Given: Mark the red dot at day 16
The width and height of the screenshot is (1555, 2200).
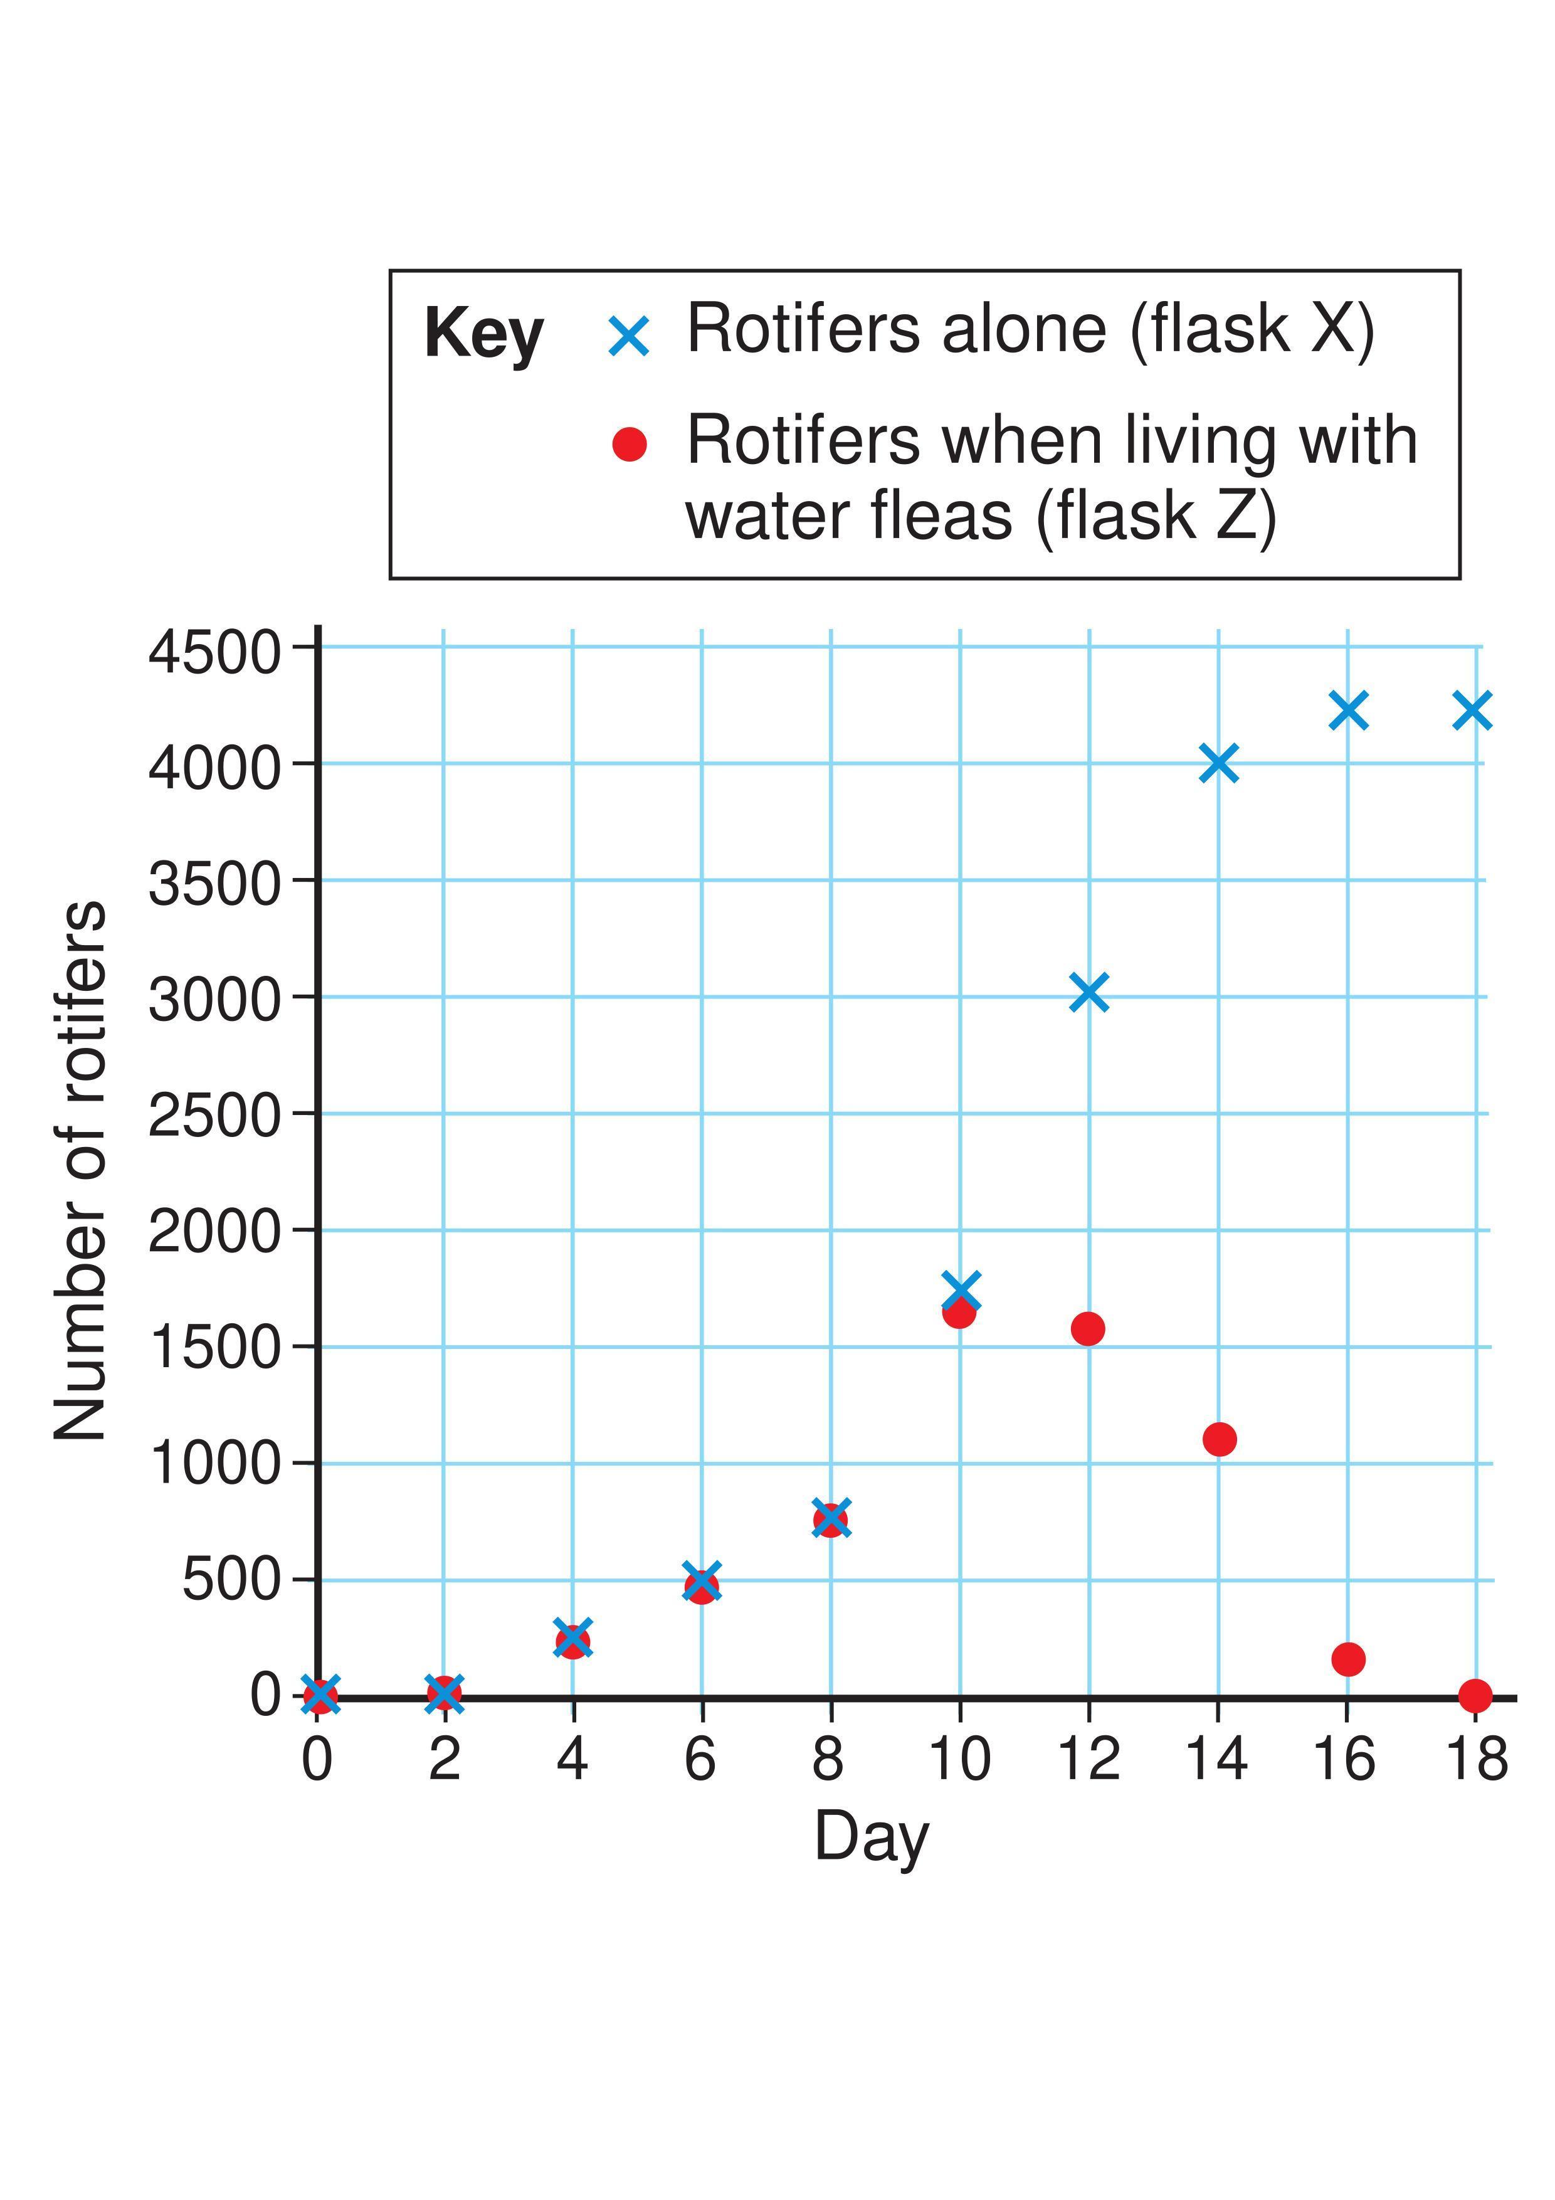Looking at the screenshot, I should (1348, 1659).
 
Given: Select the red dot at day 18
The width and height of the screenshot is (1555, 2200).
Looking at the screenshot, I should (1475, 1695).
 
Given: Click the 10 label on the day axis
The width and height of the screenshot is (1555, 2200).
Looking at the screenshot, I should (960, 1759).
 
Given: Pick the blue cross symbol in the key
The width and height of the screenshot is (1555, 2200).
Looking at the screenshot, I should (630, 336).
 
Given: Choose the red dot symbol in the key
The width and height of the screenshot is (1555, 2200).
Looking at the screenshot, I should (630, 443).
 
